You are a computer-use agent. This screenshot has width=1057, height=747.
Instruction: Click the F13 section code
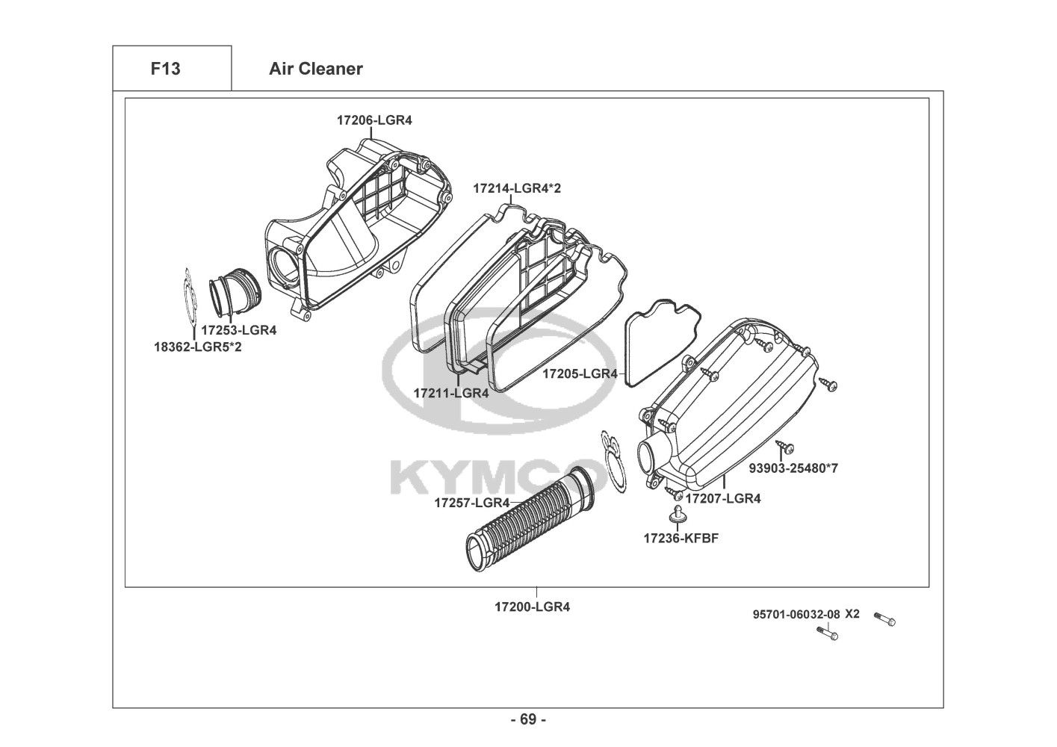pos(165,69)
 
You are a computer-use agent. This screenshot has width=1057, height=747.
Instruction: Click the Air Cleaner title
pos(316,69)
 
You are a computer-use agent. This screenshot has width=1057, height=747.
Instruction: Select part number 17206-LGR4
pos(374,120)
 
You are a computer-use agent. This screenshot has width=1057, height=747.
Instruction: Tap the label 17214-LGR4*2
pos(517,188)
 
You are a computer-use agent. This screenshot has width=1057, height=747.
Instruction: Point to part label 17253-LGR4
pos(239,330)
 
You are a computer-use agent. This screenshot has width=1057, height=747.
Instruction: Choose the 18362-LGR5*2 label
pos(198,347)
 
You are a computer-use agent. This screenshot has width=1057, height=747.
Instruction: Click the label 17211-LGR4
pos(451,393)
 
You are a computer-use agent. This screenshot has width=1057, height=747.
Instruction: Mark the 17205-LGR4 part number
pos(580,373)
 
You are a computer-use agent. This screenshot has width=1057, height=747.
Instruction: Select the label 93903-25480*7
pos(794,468)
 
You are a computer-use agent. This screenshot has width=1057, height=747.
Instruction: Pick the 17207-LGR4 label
pos(723,499)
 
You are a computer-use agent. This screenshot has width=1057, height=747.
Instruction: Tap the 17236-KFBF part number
pos(681,539)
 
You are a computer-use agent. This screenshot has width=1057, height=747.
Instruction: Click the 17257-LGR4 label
pos(472,503)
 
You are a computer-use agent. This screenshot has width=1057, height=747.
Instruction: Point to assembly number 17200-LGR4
pos(533,607)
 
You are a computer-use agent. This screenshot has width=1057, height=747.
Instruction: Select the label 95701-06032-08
pos(796,614)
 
